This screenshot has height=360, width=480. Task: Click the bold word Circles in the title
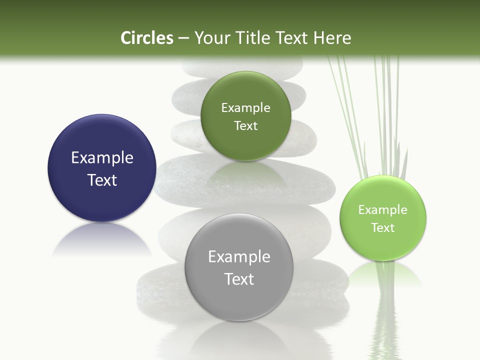pos(146,38)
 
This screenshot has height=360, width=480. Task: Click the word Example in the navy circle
pos(102,158)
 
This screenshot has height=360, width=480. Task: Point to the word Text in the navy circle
pos(102,180)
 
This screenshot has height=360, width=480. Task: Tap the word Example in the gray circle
pos(239,257)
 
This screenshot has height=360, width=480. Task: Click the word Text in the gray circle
pos(239,279)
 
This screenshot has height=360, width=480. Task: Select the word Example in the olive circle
pos(245,108)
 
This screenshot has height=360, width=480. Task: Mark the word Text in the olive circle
pos(245,126)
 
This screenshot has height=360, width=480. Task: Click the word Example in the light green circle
pos(383,210)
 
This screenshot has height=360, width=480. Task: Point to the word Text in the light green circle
pos(383,228)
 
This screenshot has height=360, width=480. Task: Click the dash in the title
pos(183,38)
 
